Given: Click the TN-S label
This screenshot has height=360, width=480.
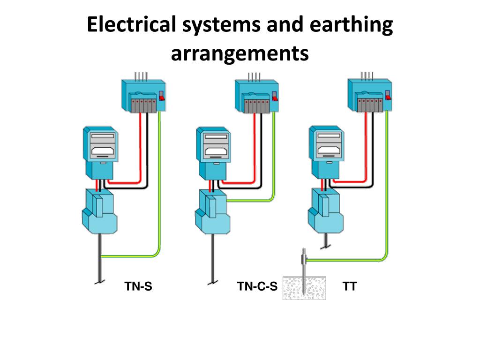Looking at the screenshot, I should coord(138,286).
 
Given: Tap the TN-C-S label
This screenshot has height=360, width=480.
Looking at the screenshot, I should coord(257,286).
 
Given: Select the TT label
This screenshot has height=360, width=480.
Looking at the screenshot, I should coord(349,286).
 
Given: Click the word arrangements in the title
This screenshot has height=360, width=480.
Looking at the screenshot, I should coord(240,53).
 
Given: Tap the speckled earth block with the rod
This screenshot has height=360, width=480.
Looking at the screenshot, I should coord(304,287).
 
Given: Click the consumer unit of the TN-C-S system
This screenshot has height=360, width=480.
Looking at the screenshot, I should coord(256,96).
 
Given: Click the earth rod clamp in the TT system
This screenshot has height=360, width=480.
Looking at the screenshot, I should coord(304,257).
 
